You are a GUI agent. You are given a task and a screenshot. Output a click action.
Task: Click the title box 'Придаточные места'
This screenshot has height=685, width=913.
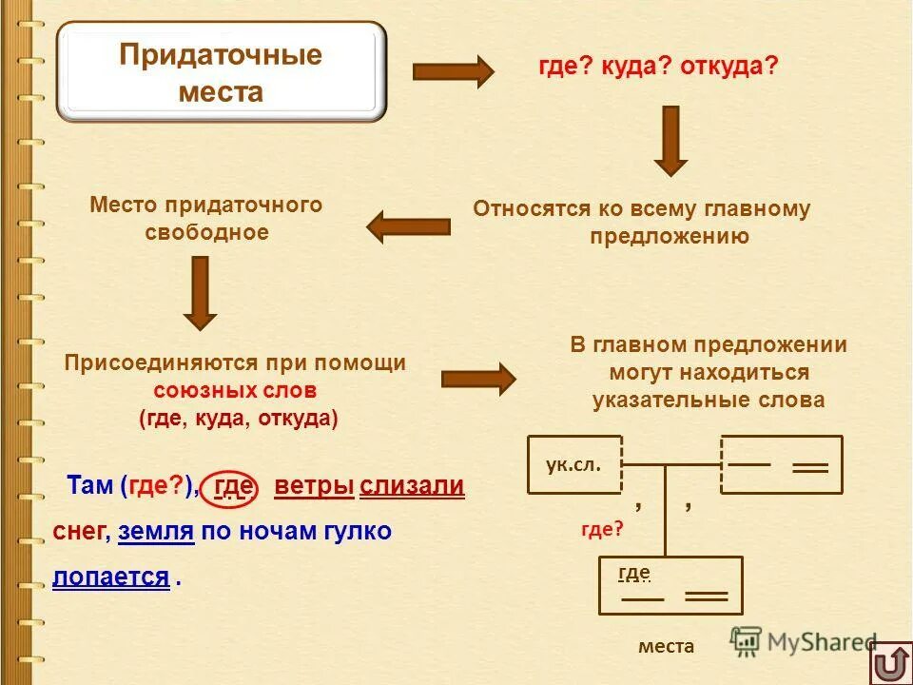tap(221, 73)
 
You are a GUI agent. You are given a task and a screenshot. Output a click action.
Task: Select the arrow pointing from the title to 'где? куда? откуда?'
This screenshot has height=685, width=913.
tap(453, 71)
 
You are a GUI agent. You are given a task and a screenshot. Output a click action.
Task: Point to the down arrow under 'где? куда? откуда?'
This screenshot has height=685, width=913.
tap(670, 140)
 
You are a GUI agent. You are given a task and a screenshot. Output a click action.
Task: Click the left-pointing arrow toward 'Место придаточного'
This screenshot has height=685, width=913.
tap(409, 226)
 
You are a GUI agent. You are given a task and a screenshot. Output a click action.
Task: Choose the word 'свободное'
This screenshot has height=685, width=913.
tap(206, 232)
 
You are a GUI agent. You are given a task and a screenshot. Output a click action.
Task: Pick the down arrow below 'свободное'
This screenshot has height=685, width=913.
tap(200, 293)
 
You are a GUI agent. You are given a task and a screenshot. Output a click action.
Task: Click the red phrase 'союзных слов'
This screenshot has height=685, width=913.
tap(235, 390)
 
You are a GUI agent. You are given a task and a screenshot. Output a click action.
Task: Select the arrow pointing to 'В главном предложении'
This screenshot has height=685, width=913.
tap(478, 379)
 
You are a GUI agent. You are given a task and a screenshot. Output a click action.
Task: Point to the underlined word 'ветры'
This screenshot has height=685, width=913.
tap(314, 487)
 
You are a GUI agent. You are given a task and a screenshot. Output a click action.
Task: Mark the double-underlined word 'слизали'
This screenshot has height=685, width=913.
tap(412, 487)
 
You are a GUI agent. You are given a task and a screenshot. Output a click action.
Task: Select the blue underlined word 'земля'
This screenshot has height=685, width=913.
tap(156, 532)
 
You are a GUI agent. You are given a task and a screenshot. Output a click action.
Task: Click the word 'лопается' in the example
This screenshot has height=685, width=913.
tap(111, 577)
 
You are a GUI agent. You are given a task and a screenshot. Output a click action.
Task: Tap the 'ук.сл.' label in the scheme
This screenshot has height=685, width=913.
tap(573, 463)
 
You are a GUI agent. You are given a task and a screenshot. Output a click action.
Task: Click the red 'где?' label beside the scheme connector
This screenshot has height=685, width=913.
tap(602, 530)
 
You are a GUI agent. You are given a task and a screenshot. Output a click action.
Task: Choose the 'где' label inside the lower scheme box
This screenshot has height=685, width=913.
tap(633, 572)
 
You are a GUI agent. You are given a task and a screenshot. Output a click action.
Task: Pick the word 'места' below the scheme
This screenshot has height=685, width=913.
tap(666, 646)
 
